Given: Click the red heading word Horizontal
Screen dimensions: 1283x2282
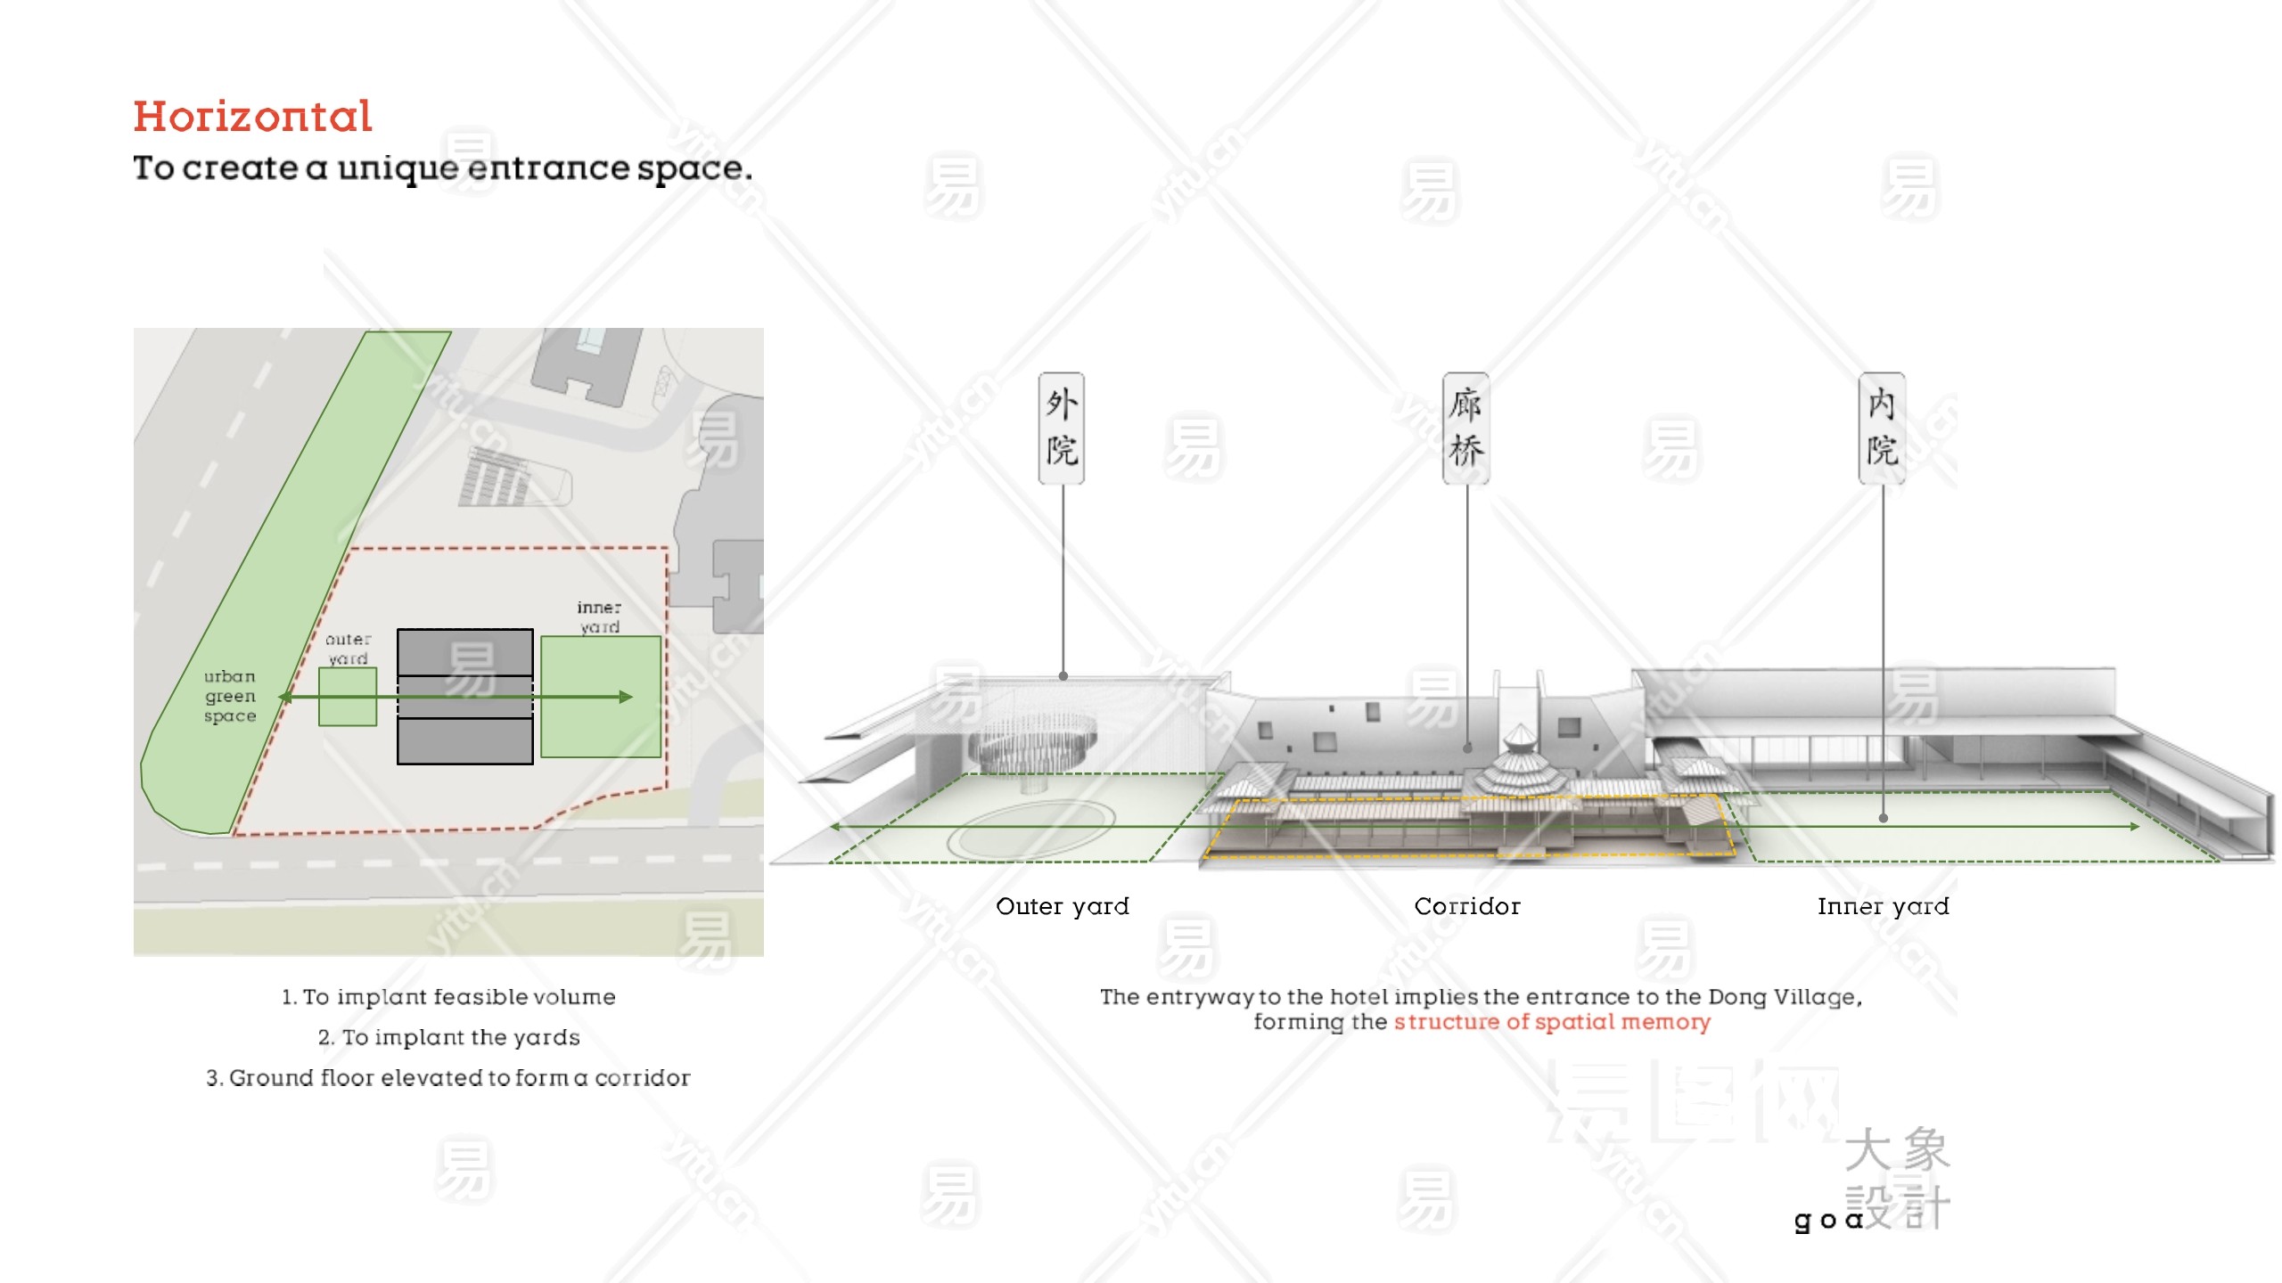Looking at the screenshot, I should tap(252, 117).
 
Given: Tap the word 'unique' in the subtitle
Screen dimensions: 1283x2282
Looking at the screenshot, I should tap(398, 168).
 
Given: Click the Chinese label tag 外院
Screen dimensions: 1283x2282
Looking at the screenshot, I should tap(1061, 429).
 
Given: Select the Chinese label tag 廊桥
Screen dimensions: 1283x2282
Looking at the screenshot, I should tap(1465, 429).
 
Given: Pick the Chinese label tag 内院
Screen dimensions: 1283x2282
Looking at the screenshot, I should tap(1882, 429).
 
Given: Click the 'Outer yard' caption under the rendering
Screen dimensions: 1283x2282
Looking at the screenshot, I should tap(1062, 907).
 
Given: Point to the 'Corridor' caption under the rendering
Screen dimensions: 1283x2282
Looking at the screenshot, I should tap(1467, 907).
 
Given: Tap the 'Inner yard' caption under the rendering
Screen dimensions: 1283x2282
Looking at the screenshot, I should tap(1883, 907).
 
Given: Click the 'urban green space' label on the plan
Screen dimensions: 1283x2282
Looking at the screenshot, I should tap(230, 696).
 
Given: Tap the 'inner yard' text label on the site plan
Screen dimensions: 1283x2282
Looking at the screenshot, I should tap(599, 617).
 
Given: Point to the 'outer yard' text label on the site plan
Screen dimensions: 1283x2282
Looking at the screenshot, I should tap(348, 649).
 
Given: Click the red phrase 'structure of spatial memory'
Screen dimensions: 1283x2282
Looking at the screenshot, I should tap(1552, 1022).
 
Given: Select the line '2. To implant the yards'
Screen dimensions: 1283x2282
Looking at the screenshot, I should tap(448, 1037).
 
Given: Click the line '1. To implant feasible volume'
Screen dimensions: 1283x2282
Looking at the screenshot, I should tap(448, 997).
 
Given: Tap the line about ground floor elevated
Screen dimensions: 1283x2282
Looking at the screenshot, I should tap(448, 1078).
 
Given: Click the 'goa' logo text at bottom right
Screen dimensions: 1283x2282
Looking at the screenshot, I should tap(1827, 1219).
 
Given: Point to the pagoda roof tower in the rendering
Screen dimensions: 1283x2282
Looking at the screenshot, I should tap(1519, 763).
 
